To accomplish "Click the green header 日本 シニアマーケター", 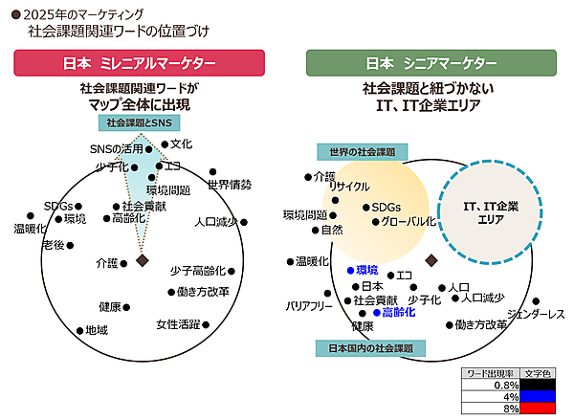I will (431, 63).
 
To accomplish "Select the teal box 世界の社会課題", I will (363, 151).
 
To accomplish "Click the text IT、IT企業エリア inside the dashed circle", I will (491, 211).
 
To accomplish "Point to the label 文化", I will (181, 144).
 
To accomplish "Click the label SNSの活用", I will (116, 149).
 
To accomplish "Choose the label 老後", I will (53, 245).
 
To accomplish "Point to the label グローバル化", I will (408, 221).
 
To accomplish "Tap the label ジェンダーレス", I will (536, 314).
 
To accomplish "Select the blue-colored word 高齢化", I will (398, 312).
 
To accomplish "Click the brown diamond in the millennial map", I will (142, 260).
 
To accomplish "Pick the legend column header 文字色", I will (538, 373).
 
